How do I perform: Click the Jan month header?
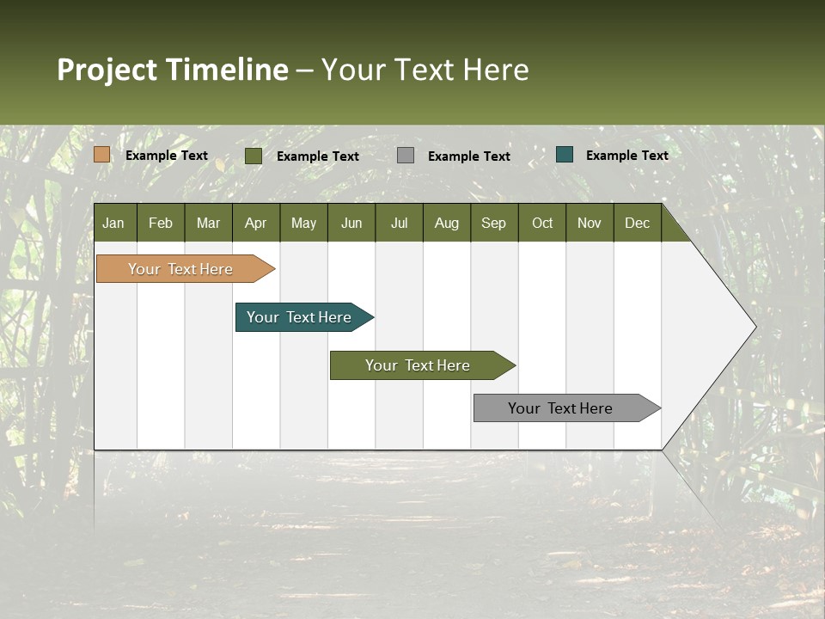(x=113, y=223)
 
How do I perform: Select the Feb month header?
(x=161, y=223)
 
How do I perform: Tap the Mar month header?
(x=208, y=223)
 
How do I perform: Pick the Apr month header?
(x=255, y=223)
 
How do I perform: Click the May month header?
(x=303, y=223)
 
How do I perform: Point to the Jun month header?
(x=351, y=223)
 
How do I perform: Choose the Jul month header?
(x=399, y=223)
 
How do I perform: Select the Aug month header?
(x=447, y=223)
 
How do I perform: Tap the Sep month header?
(x=493, y=223)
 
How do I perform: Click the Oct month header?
(x=542, y=223)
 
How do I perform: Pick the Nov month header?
(x=590, y=223)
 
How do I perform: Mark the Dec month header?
(x=637, y=223)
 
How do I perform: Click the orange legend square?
(x=102, y=155)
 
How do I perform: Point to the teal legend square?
(x=565, y=155)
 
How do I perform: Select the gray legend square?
(x=406, y=156)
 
